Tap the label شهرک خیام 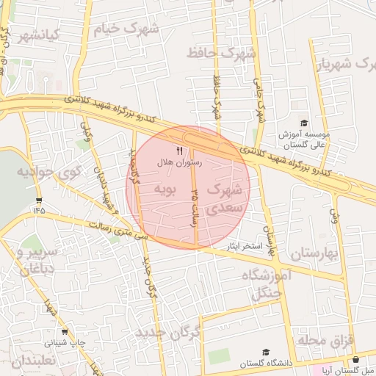(126, 29)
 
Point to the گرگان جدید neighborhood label (167, 334)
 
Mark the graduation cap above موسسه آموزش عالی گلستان (304, 123)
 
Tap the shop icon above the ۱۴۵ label (38, 199)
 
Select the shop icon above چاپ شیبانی (64, 331)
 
